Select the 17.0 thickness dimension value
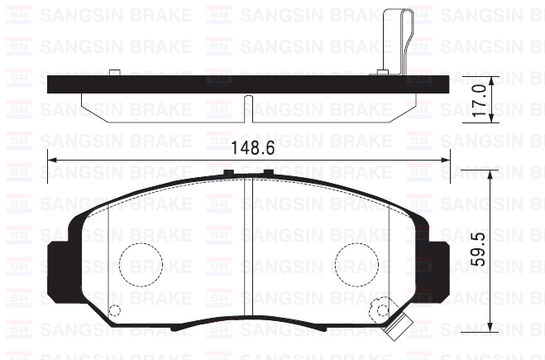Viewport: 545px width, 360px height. [x=477, y=99]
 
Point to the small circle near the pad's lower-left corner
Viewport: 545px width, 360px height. [x=115, y=311]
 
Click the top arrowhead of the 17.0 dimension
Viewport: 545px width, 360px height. [x=491, y=79]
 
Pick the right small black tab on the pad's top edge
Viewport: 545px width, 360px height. [x=268, y=173]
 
